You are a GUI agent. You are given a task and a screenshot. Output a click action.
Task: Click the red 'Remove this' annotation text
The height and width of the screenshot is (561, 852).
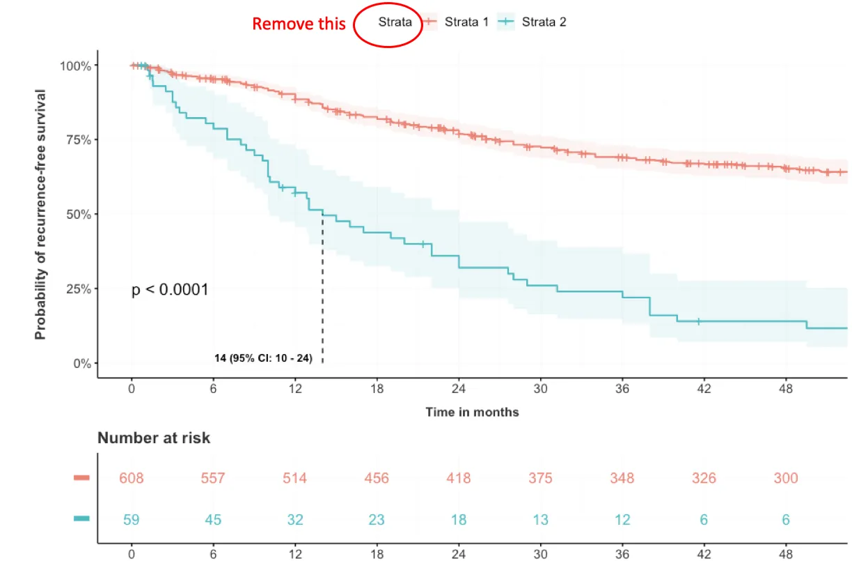tap(299, 24)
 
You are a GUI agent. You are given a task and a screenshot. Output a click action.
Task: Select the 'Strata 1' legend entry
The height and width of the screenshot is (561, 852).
tap(466, 22)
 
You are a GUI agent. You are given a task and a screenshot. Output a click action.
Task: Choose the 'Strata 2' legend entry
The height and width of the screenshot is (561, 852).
tap(544, 22)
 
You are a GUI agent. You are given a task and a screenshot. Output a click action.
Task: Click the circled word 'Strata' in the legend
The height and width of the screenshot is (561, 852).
tap(395, 22)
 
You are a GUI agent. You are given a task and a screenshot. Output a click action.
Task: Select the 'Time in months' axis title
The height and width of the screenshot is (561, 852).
tap(472, 413)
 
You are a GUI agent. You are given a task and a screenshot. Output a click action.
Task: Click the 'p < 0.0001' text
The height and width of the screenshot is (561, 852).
tap(170, 290)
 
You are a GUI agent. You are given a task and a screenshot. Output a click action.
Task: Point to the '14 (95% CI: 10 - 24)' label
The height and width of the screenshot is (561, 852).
tap(263, 358)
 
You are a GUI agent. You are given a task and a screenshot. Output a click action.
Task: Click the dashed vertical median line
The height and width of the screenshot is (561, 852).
tap(322, 293)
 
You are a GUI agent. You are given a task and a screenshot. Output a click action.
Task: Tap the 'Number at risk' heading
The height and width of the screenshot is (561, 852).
tap(154, 438)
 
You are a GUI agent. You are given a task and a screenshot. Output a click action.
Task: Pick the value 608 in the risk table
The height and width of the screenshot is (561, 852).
tap(131, 479)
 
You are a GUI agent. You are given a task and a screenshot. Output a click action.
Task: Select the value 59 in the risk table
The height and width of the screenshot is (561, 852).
tap(131, 520)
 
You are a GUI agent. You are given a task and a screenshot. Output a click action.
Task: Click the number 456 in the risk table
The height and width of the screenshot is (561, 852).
tap(377, 479)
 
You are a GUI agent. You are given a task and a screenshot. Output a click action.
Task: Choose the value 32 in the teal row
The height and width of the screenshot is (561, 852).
tap(294, 520)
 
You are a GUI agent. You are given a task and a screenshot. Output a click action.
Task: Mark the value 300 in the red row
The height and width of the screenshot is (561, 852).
tap(785, 479)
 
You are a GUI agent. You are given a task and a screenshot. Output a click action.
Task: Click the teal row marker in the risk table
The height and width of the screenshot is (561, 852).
tap(82, 518)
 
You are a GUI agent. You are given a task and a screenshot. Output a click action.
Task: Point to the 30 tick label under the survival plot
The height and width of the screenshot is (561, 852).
tap(540, 389)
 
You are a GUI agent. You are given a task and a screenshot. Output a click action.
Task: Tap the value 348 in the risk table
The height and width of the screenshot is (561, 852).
tap(622, 479)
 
